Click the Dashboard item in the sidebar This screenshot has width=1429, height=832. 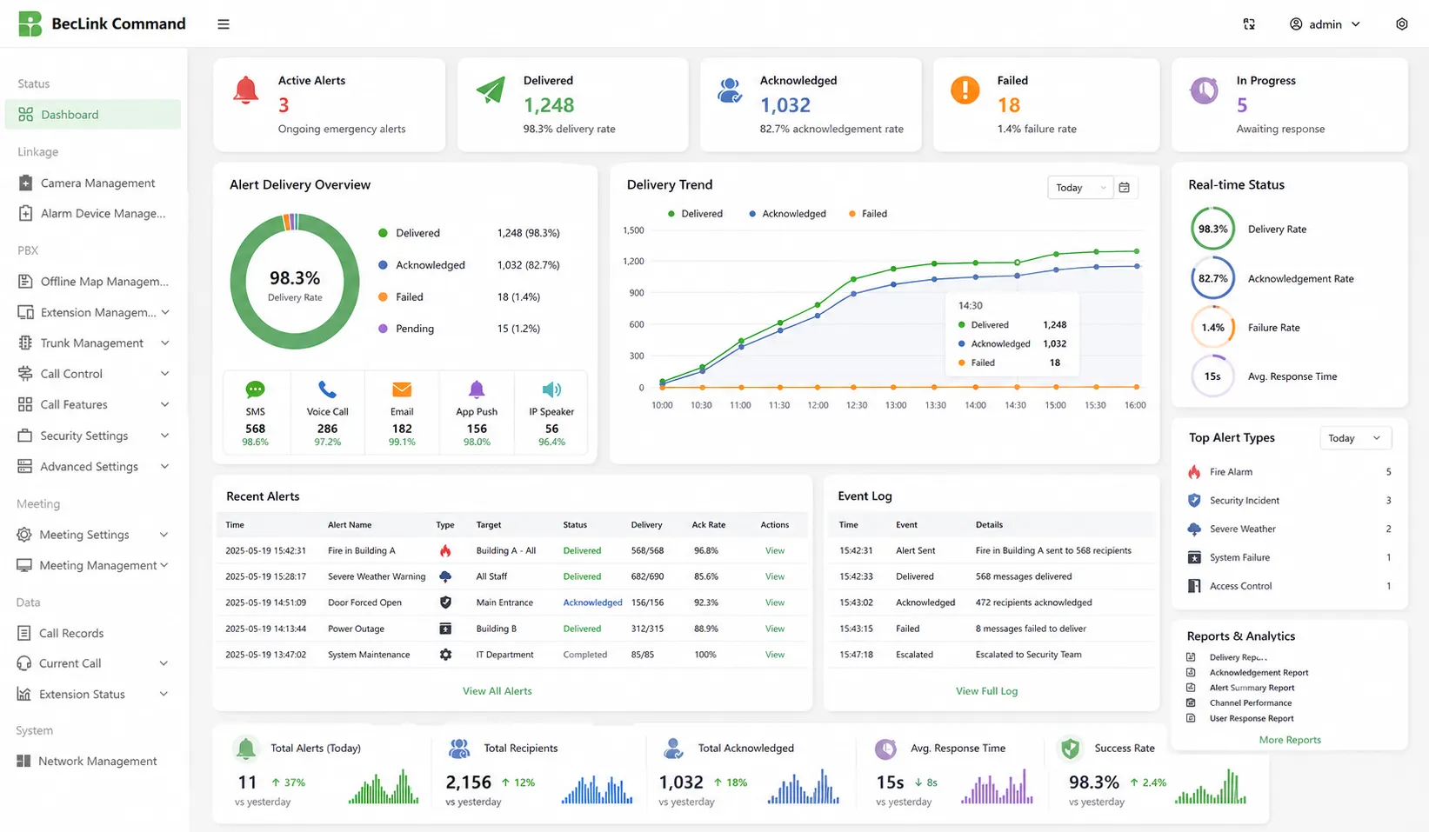70,115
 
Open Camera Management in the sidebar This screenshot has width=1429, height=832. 97,183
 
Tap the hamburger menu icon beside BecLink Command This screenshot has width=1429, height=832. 224,24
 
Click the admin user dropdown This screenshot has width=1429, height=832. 1325,24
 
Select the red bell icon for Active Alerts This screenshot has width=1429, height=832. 246,90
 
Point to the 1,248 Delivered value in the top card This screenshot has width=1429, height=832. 549,105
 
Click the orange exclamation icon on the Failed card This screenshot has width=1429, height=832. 965,90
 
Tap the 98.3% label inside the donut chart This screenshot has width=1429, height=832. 295,278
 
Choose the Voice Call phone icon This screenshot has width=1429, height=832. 327,389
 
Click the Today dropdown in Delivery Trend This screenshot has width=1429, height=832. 1079,188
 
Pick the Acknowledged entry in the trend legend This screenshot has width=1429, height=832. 793,214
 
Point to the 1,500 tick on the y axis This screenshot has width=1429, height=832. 633,230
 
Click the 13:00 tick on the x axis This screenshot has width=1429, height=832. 896,405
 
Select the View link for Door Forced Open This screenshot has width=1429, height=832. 774,602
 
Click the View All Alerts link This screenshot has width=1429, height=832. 497,691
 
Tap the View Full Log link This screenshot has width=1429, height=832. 986,691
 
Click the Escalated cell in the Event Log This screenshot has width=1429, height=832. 914,655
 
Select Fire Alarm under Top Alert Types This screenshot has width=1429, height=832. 1231,472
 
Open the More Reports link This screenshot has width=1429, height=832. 1290,740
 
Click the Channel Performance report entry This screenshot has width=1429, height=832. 1250,703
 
